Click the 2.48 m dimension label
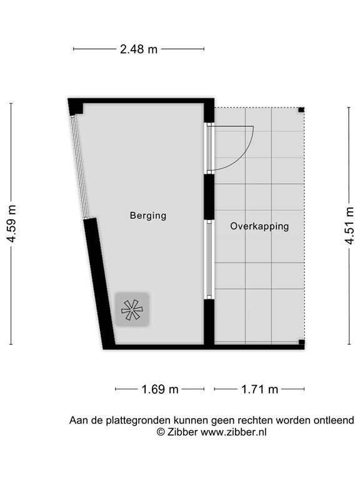point(139,49)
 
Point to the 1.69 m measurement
point(159,389)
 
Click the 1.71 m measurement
point(259,389)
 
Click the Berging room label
point(148,216)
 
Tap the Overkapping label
point(259,226)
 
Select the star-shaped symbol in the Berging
point(132,309)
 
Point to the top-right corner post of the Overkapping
point(301,110)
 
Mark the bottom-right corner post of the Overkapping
point(301,342)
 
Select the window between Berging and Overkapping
point(209,259)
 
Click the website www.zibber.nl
point(233,432)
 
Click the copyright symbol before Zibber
point(161,432)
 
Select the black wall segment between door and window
point(209,196)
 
